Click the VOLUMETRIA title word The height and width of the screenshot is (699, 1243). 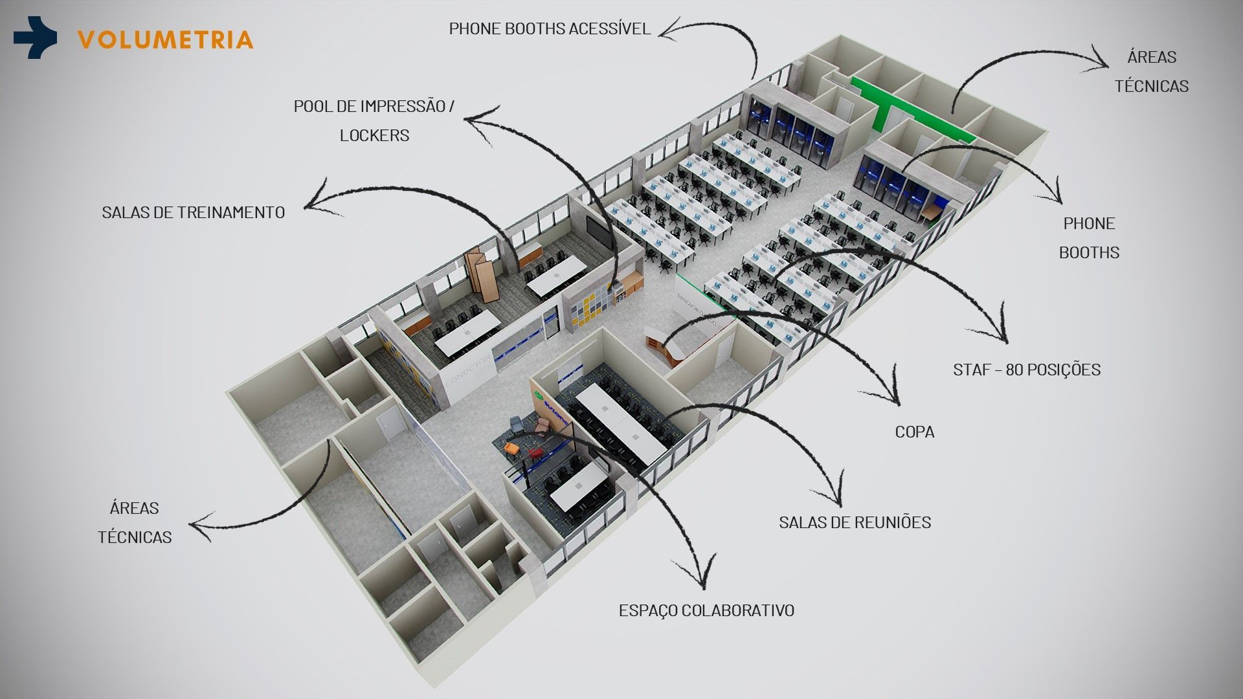pos(165,39)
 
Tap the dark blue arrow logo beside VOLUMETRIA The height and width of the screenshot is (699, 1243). pos(35,38)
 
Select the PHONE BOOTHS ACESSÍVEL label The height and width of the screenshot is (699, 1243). pos(550,29)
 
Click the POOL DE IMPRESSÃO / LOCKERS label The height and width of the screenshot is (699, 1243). pos(374,120)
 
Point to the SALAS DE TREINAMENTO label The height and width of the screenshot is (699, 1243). pos(193,212)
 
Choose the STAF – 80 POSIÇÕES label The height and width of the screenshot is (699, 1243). pos(1027,370)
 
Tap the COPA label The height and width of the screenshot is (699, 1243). pos(914,432)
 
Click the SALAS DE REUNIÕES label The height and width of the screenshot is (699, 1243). pos(855,522)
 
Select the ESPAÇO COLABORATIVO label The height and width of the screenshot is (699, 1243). pos(706,610)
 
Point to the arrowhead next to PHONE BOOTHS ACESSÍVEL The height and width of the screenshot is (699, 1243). pos(671,29)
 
